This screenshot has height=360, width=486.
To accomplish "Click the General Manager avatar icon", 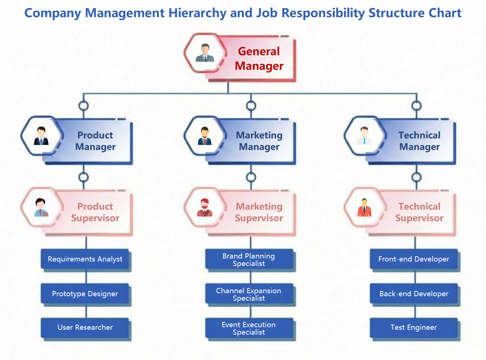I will coord(205,53).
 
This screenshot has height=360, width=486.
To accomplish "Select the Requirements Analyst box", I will coord(85,259).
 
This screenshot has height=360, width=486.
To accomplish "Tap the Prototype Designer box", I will coord(85,294).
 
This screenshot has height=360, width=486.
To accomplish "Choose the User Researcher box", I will coord(85,328).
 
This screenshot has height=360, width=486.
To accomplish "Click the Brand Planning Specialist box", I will coord(249,259).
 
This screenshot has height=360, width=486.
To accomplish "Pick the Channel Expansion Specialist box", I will coord(249,294).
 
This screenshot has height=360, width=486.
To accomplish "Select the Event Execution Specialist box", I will coord(249,328).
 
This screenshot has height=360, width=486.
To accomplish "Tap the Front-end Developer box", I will coord(414,259).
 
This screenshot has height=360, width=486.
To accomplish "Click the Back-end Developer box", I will coord(414,294).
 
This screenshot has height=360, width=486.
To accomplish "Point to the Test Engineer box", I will coord(414,328).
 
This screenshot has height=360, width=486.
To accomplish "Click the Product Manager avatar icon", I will coord(41,136).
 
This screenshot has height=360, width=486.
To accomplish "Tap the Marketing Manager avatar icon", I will coord(204,136).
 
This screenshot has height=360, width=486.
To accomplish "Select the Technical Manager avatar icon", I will coord(364,136).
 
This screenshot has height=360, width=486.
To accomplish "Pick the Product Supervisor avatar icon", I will coord(41,207).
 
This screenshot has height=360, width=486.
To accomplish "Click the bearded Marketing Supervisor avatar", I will coord(204,207).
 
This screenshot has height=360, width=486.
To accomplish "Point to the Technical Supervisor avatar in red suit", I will coord(364,207).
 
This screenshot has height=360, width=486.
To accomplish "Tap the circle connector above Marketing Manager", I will coord(251,106).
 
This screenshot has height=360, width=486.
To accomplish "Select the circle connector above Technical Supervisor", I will coord(416,177).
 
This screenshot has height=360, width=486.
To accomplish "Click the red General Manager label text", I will coord(259,59).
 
